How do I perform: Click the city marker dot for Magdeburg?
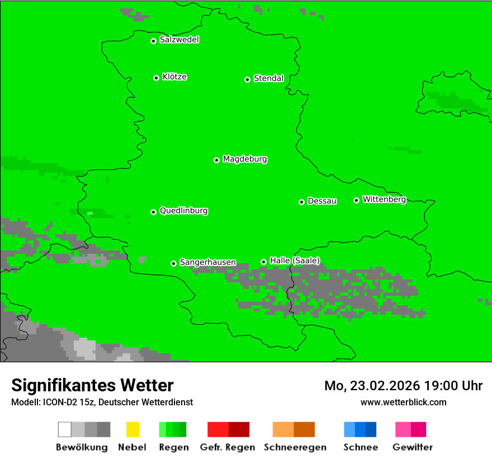point(216,160)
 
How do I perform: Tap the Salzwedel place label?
point(179,40)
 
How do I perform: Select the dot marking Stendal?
point(247,79)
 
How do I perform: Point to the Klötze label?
point(174,77)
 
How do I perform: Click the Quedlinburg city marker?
point(153,212)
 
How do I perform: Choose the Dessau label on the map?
point(322,201)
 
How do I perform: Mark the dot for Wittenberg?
point(356,200)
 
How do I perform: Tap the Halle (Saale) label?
point(295,261)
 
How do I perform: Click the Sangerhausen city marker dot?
point(173,263)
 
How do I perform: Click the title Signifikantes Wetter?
point(92,385)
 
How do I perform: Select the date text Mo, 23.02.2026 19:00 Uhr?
point(403,386)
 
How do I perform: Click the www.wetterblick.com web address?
point(403,402)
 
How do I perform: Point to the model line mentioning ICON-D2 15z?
point(102,402)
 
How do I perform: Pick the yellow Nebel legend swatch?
point(133,429)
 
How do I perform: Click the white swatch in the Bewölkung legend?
point(65,429)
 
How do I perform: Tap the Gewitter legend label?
point(412,447)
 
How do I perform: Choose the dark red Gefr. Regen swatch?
point(239,429)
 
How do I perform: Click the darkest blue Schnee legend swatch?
point(371,429)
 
